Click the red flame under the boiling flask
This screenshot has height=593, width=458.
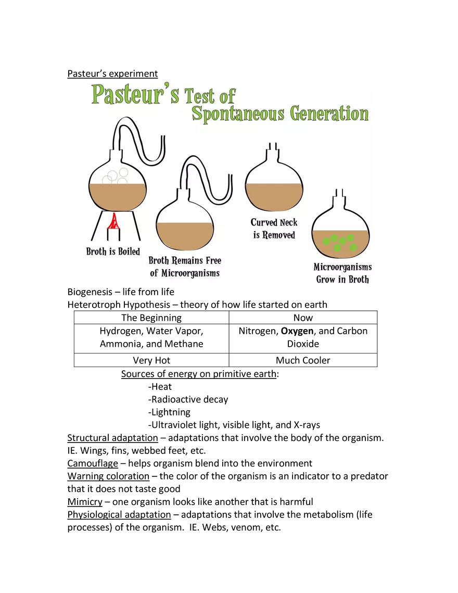point(113,222)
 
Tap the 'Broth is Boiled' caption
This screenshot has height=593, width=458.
point(113,251)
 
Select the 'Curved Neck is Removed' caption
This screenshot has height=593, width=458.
point(274,229)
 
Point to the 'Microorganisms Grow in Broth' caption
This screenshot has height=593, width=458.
point(342,273)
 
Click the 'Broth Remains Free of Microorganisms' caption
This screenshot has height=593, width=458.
point(185,267)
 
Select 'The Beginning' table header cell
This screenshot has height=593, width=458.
point(151,318)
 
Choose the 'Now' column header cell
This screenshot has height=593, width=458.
point(303,318)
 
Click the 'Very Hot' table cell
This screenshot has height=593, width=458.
point(151,360)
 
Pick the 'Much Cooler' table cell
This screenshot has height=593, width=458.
point(303,360)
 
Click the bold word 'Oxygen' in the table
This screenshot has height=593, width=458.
point(297,331)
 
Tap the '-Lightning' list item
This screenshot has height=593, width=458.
point(169,412)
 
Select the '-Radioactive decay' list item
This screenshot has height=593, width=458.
point(188,399)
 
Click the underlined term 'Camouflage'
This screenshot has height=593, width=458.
point(93,464)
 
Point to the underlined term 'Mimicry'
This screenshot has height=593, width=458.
point(85,502)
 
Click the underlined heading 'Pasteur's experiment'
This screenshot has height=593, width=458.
point(112,73)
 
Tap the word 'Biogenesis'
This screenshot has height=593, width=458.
point(90,292)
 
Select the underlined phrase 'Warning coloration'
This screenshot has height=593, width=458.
point(108,476)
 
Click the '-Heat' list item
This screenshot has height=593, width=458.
point(160,386)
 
